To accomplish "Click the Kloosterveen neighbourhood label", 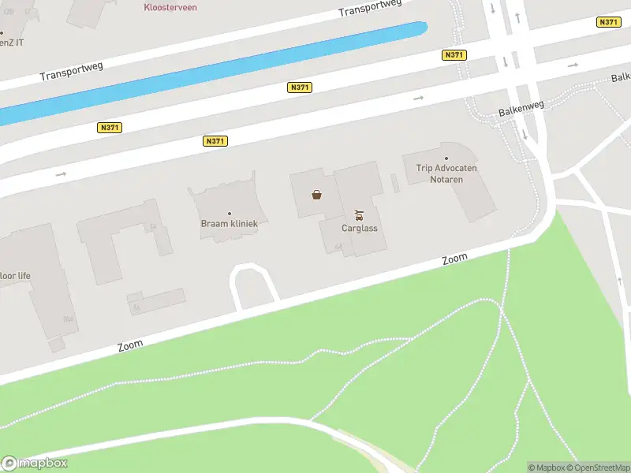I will pos(170,7).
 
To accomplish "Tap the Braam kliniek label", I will pos(229,224).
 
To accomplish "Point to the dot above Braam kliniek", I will pos(230,214).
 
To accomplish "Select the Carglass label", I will pos(360,229).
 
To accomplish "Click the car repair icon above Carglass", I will pos(360,214).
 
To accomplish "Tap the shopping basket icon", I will pos(316,195).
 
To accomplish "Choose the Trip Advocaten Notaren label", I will pos(446,173).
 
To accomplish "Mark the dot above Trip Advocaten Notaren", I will pos(446,158).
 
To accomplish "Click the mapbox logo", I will pos(35,464).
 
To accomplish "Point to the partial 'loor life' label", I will pos(15,276).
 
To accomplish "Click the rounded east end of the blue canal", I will pos(420,29).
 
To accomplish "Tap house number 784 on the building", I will pos(68,319).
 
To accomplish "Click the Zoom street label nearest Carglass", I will pos(454,259).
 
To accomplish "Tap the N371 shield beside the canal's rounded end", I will pos(454,55).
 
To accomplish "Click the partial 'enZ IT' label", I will pos(11,42).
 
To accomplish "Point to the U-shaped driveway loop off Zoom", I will pos(252,273).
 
